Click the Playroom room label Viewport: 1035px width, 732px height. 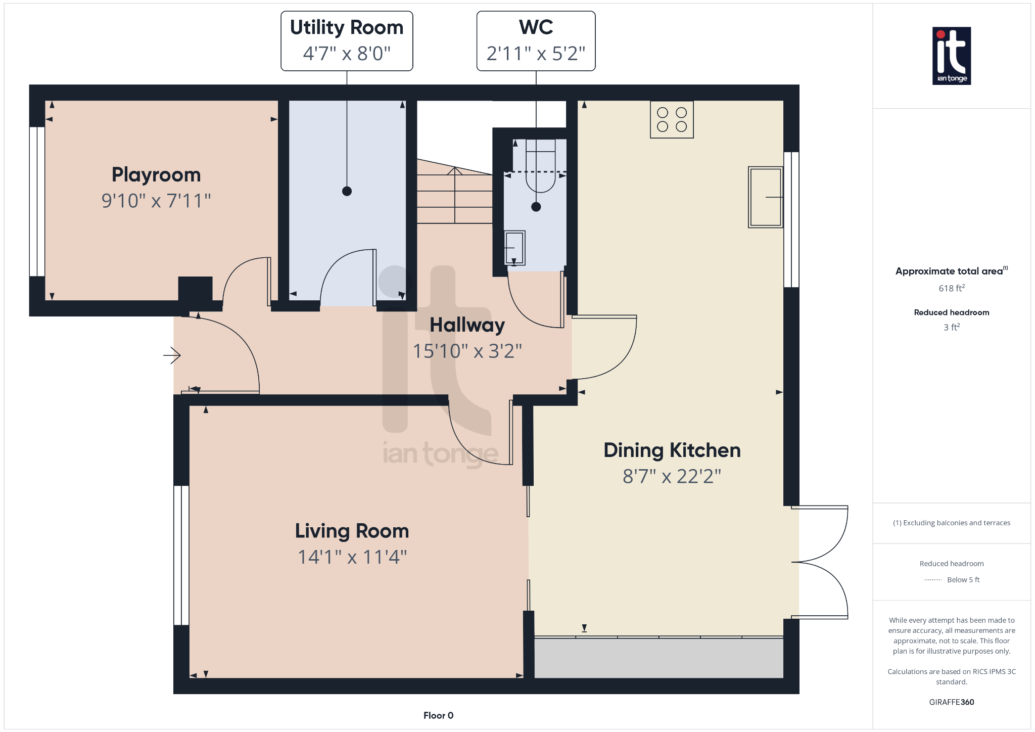click(x=156, y=175)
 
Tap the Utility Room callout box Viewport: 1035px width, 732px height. click(x=347, y=41)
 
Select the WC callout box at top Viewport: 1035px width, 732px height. click(x=536, y=41)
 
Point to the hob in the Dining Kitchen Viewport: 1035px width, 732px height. click(x=672, y=119)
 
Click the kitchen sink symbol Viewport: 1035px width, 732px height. click(x=766, y=197)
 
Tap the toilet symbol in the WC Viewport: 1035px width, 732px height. click(x=540, y=166)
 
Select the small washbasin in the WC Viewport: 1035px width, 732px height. click(x=514, y=248)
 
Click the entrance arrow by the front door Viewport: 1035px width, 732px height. click(x=172, y=355)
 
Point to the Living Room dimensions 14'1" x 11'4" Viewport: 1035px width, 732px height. click(x=352, y=557)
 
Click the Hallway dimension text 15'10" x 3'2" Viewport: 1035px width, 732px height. click(x=467, y=351)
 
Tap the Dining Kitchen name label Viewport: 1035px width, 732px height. click(x=672, y=450)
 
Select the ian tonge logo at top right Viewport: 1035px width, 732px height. click(x=952, y=56)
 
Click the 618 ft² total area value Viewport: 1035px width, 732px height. click(x=952, y=288)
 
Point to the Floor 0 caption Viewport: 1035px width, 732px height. click(x=438, y=715)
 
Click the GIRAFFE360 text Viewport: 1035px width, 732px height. click(x=952, y=702)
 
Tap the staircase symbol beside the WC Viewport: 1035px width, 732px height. click(x=455, y=192)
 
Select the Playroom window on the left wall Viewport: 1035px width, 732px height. click(x=37, y=201)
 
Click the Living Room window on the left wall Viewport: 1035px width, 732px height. click(x=181, y=556)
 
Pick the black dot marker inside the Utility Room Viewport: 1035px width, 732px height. click(x=347, y=191)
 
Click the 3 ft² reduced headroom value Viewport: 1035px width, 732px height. click(x=952, y=327)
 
